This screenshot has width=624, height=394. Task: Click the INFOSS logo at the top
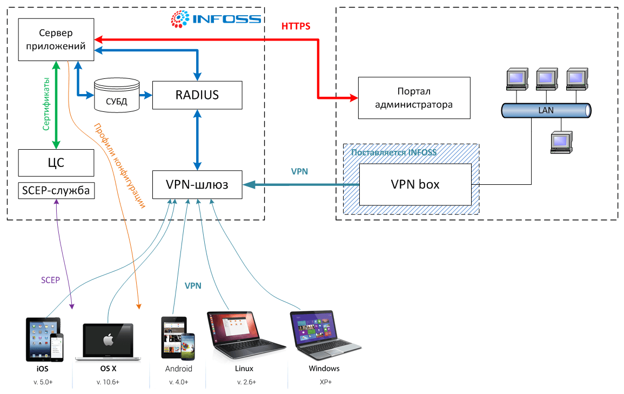click(216, 19)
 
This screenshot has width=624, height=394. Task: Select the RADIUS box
click(197, 95)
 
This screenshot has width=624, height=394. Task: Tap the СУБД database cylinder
click(117, 95)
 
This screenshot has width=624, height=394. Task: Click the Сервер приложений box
click(56, 40)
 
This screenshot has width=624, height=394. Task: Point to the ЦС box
click(56, 163)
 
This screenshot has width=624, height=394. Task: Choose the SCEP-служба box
click(56, 190)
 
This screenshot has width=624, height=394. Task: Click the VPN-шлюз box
click(197, 185)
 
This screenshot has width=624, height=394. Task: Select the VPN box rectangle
click(414, 184)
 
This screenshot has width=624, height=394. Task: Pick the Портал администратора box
click(414, 98)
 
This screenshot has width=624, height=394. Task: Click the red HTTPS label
click(296, 26)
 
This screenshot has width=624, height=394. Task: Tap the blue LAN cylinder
click(545, 110)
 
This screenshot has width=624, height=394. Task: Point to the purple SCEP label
click(50, 280)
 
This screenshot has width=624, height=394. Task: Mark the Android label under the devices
click(179, 369)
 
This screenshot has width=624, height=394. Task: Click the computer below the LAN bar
click(560, 143)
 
